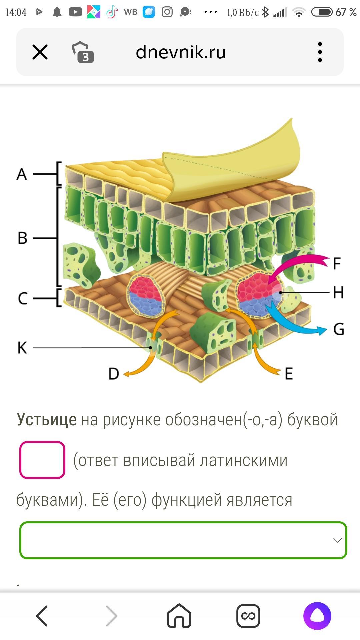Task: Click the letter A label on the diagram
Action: [x=22, y=174]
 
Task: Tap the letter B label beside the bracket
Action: [x=22, y=238]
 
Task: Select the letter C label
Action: [x=22, y=298]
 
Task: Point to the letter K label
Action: [x=22, y=348]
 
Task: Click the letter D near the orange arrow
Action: [x=114, y=374]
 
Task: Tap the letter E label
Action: [x=289, y=374]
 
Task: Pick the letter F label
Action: [x=337, y=263]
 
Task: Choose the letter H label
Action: [x=338, y=293]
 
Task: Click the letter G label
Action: [x=339, y=329]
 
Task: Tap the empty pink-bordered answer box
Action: [x=42, y=460]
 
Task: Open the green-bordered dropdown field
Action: [x=183, y=540]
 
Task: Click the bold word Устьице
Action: [x=47, y=420]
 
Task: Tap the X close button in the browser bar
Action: [x=40, y=52]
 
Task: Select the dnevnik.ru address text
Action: [x=181, y=52]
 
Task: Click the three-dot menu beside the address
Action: [x=320, y=52]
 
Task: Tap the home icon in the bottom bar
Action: [x=179, y=616]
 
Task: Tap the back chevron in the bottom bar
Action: [x=42, y=616]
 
